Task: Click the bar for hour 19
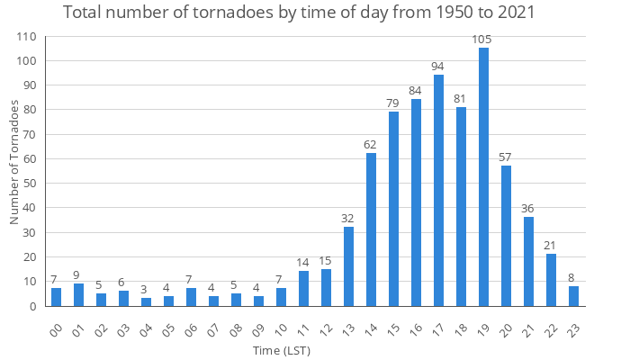tap(483, 177)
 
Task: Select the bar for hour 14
tap(371, 229)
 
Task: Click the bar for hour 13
tap(348, 266)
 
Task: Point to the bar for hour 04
tap(146, 301)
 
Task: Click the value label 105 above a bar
tap(483, 40)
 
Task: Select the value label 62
tap(371, 144)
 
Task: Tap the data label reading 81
tap(461, 98)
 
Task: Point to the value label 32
tap(348, 218)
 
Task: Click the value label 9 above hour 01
tap(78, 274)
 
